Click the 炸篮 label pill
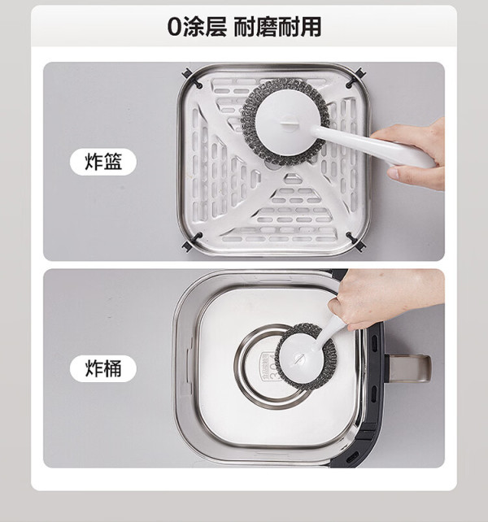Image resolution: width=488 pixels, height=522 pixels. (x=103, y=162)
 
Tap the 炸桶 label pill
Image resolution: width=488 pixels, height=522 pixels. (x=103, y=368)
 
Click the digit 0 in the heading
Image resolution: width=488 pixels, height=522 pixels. (x=174, y=27)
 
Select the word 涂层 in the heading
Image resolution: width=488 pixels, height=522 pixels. (x=204, y=27)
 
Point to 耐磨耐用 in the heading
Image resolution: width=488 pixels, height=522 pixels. (x=277, y=27)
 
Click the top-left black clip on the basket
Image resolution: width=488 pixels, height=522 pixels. (x=192, y=79)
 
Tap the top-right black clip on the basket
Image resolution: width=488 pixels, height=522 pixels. (x=355, y=78)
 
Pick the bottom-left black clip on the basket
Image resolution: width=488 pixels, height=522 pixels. (x=192, y=242)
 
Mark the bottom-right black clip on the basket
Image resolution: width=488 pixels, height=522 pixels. (x=355, y=242)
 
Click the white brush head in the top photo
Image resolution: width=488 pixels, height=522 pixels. (x=285, y=122)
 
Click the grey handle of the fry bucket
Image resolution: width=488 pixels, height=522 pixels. (x=409, y=368)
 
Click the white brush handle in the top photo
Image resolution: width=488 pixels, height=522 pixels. (x=374, y=146)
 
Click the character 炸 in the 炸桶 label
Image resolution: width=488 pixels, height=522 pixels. (x=94, y=368)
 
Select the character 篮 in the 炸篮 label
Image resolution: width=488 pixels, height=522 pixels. (x=113, y=162)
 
